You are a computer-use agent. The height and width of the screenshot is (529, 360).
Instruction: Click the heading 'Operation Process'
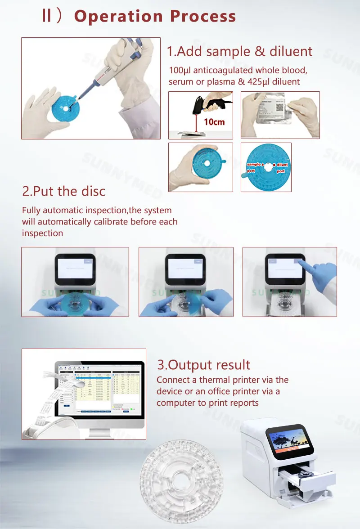click(x=155, y=16)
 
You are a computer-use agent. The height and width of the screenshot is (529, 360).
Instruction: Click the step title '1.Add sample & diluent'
click(x=239, y=51)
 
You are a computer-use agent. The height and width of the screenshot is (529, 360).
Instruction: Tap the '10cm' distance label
click(x=214, y=122)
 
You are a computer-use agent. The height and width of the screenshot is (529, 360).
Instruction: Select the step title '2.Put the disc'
click(x=63, y=191)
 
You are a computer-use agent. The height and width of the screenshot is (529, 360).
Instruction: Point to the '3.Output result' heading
click(x=203, y=365)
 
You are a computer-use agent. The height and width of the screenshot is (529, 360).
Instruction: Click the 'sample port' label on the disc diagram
click(x=256, y=168)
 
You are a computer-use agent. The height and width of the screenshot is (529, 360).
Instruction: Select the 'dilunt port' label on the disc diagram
click(x=281, y=168)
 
